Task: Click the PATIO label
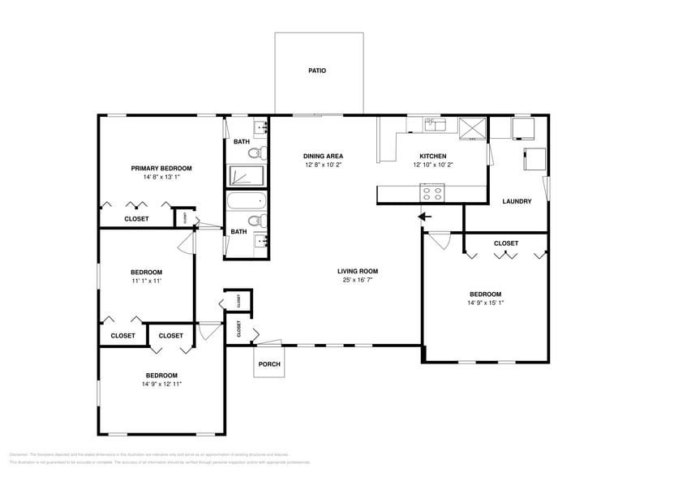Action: click(x=317, y=71)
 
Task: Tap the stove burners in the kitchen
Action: click(x=431, y=193)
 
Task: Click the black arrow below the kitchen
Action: click(x=423, y=217)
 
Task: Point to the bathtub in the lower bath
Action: click(x=247, y=200)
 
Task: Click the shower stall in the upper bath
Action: click(x=247, y=175)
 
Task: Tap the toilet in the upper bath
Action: click(x=255, y=153)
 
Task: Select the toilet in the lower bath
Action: click(x=255, y=220)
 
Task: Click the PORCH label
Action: click(x=269, y=364)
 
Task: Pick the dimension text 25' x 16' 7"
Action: click(x=358, y=281)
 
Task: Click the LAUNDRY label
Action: click(x=517, y=201)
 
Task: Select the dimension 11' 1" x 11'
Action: click(x=146, y=281)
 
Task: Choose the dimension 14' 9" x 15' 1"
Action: click(x=485, y=303)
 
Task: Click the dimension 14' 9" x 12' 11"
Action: click(x=161, y=384)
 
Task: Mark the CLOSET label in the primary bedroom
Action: click(x=136, y=219)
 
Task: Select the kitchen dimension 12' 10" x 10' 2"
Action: click(x=432, y=165)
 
